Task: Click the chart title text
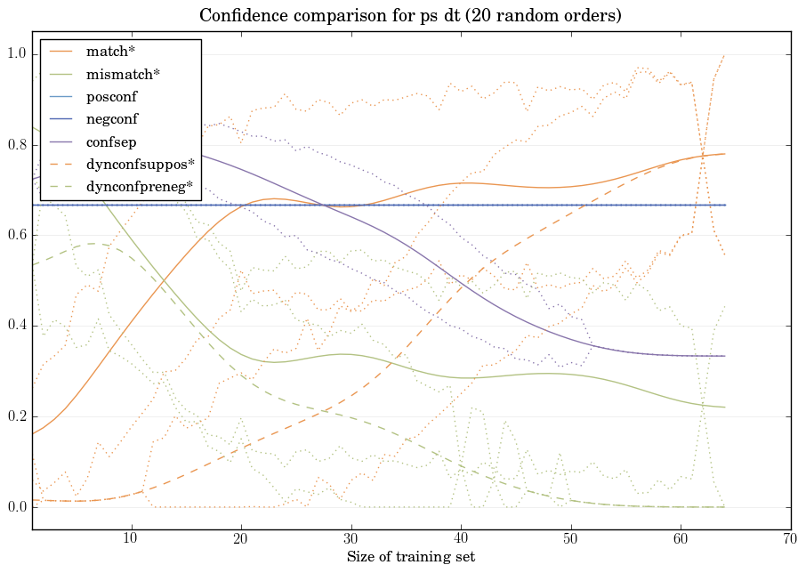[410, 15]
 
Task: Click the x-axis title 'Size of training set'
[410, 557]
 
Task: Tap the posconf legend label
[112, 96]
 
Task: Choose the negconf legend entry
[112, 118]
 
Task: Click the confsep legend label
[111, 141]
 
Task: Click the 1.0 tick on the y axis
[16, 54]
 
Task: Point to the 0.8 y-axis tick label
[16, 145]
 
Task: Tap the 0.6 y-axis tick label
[16, 236]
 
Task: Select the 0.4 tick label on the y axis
[16, 327]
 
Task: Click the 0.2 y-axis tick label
[16, 417]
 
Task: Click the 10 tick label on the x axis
[131, 537]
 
